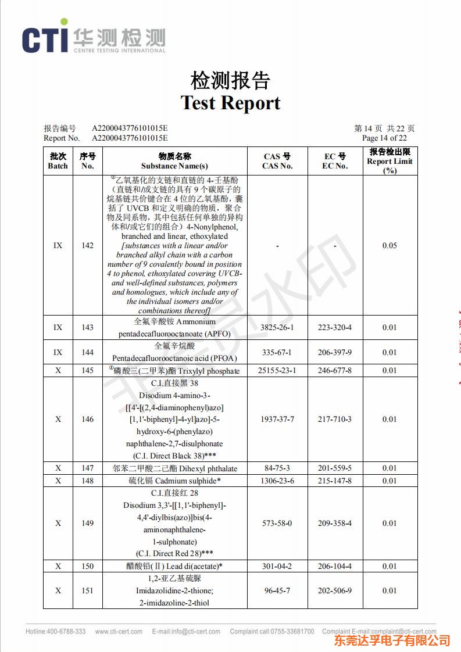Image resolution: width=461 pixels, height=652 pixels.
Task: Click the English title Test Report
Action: [230, 103]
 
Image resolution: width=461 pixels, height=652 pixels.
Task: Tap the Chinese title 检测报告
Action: [230, 80]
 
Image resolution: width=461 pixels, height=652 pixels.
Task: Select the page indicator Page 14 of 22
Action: [384, 138]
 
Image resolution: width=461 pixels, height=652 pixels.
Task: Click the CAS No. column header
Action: [277, 161]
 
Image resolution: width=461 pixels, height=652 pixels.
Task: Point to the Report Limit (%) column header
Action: [389, 161]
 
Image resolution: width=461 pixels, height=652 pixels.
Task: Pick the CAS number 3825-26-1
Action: [277, 328]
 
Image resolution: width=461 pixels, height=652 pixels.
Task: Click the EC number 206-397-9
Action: [334, 352]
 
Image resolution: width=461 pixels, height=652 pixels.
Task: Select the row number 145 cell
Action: [87, 371]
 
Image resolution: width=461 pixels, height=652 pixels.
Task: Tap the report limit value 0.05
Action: [389, 246]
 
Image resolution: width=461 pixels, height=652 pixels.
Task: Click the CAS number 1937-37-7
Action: [277, 420]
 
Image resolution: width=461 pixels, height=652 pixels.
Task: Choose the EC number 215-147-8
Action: [334, 481]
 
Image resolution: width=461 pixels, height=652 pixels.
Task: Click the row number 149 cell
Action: [87, 524]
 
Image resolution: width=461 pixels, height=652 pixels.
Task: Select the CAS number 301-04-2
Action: [277, 566]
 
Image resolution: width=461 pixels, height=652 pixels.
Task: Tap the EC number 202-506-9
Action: [334, 591]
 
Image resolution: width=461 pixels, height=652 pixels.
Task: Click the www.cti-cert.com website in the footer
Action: [119, 632]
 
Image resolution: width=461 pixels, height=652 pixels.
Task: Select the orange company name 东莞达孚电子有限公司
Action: [392, 641]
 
